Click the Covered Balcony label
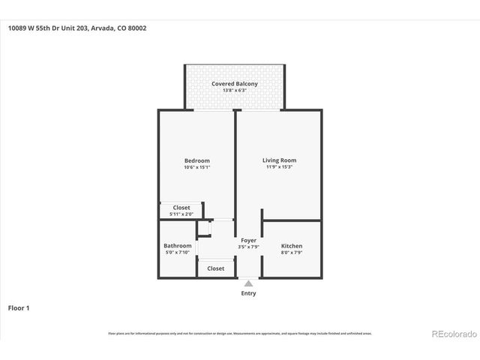point(234,84)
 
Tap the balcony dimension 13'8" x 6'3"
point(234,91)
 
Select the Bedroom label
point(197,160)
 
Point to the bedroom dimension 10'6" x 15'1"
point(197,167)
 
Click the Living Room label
point(279,160)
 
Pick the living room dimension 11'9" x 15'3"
point(279,167)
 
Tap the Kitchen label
point(292,246)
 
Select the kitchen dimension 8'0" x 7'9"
point(292,253)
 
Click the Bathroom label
point(178,246)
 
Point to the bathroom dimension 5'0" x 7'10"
point(178,253)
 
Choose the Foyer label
point(248,241)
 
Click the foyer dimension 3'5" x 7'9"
point(248,247)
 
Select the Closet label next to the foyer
point(215,268)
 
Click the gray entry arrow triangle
point(248,283)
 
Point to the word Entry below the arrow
point(248,293)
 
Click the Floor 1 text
point(19,307)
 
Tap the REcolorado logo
point(452,334)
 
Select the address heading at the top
point(76,28)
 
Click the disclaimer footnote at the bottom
point(239,334)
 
